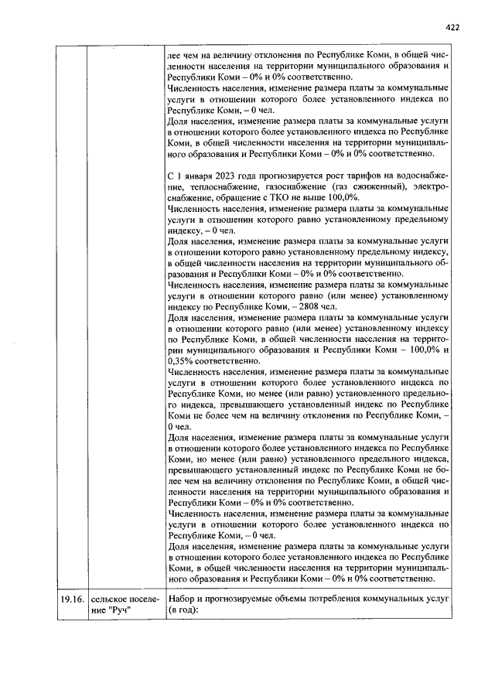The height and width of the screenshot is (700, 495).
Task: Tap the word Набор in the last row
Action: [x=183, y=599]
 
